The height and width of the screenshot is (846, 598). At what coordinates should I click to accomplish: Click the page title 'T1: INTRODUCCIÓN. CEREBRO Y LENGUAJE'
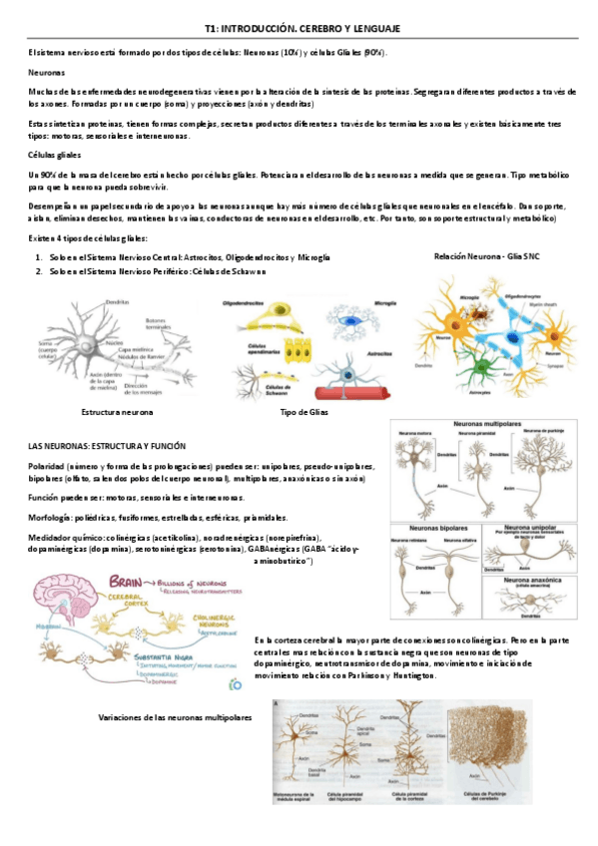(x=299, y=31)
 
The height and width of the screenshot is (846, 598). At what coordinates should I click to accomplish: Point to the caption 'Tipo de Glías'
(x=305, y=411)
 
